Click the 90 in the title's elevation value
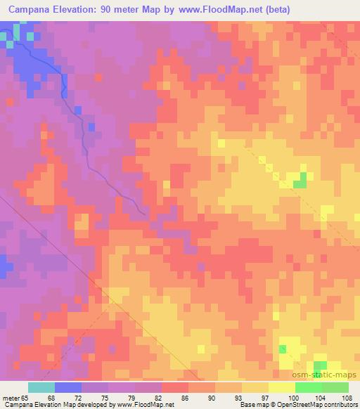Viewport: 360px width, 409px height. click(x=111, y=11)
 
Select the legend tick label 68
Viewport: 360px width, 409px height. click(x=56, y=398)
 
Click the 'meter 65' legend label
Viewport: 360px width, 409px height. click(x=15, y=398)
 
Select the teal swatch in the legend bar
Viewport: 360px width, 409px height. click(x=41, y=387)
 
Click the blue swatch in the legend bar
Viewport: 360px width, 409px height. click(x=68, y=387)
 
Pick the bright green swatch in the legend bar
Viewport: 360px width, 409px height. click(x=309, y=387)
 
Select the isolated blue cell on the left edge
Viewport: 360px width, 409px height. click(x=4, y=266)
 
